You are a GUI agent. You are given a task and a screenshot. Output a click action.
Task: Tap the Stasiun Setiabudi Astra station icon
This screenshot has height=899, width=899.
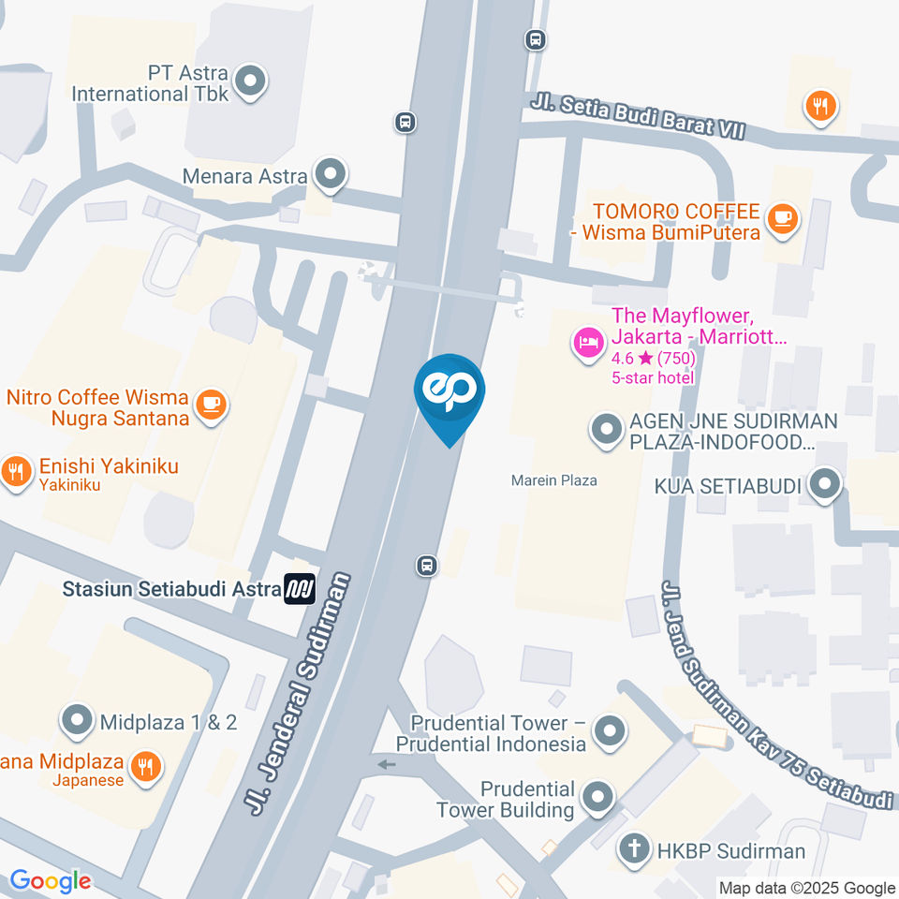point(301,588)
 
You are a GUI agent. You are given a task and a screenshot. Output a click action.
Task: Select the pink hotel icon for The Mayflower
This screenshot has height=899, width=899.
point(588,341)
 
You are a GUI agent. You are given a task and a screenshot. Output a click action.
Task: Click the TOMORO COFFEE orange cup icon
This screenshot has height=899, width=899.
point(781,218)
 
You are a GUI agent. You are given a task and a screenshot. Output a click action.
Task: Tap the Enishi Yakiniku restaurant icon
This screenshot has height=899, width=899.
point(16,471)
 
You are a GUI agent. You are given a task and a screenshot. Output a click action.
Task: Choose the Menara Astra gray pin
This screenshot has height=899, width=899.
point(329,173)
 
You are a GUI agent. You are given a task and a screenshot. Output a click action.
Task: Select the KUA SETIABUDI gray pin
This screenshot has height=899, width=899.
point(825,484)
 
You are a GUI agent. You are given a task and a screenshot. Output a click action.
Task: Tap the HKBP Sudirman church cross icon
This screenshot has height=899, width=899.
point(634,849)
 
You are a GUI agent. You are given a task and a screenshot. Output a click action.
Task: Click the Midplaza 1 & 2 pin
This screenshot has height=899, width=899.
point(77,721)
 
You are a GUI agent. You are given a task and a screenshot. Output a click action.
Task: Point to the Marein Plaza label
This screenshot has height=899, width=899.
point(554,480)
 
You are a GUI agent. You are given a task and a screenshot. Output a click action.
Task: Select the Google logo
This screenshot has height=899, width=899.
point(51,880)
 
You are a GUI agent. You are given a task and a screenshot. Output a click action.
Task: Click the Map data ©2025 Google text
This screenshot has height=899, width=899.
point(806,888)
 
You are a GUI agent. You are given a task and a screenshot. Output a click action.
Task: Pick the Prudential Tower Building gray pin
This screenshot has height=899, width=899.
point(597,798)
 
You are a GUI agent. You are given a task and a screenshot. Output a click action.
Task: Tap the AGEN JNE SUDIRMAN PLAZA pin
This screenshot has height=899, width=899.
point(606,431)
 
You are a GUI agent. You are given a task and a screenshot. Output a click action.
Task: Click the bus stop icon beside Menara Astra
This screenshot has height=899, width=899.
point(405,122)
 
